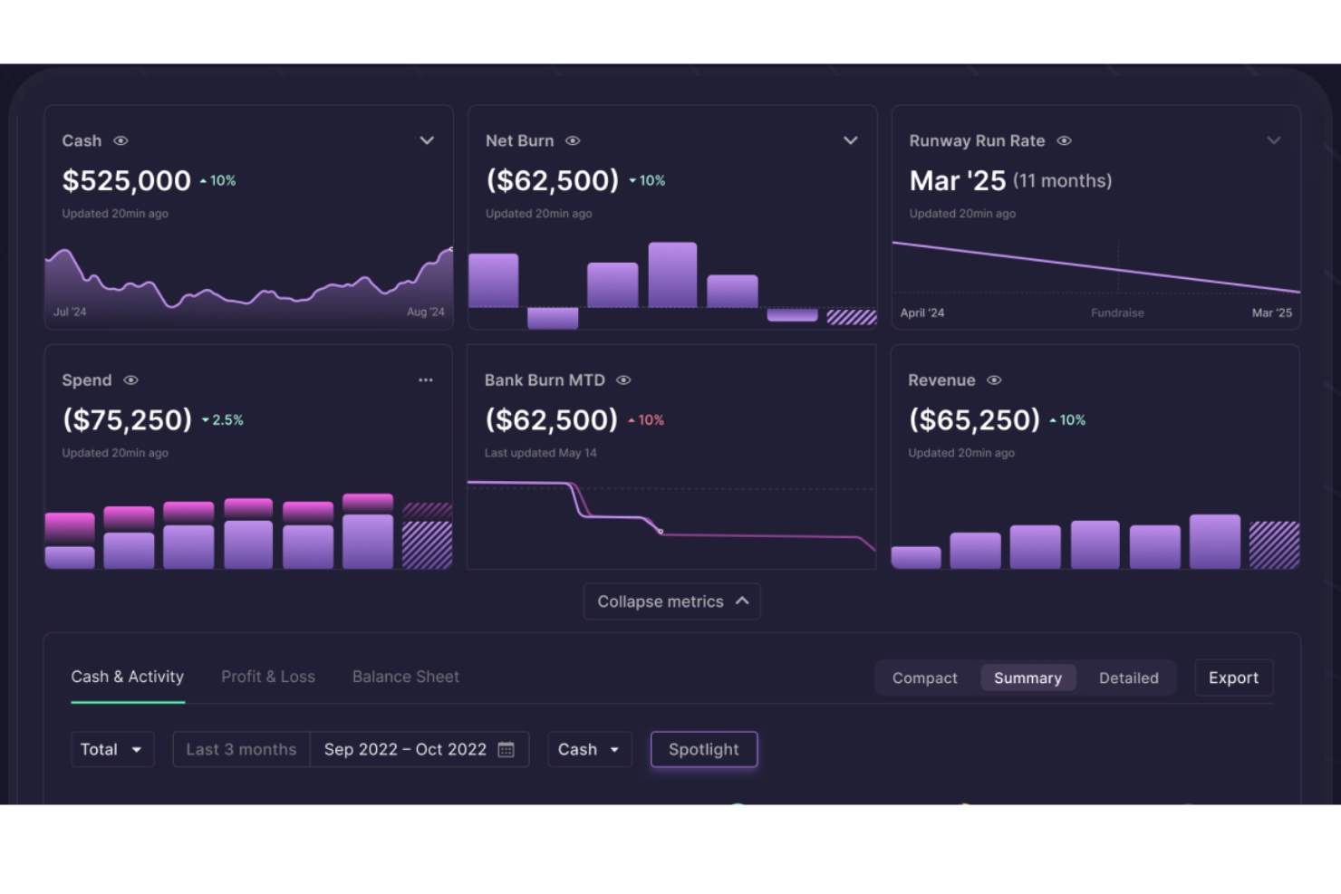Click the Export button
1233,678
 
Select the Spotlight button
703,749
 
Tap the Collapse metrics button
671,601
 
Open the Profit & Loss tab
268,677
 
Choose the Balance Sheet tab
405,677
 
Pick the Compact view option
924,678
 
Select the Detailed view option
1128,678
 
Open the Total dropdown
111,749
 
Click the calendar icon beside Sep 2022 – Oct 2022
506,749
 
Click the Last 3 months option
241,749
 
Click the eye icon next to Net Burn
573,140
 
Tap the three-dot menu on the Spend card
425,380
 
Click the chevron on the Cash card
427,140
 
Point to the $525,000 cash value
126,180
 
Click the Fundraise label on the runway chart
1117,312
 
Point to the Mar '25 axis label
1271,312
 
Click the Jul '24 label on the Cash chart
70,312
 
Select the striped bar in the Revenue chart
1274,544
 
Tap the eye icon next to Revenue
994,380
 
